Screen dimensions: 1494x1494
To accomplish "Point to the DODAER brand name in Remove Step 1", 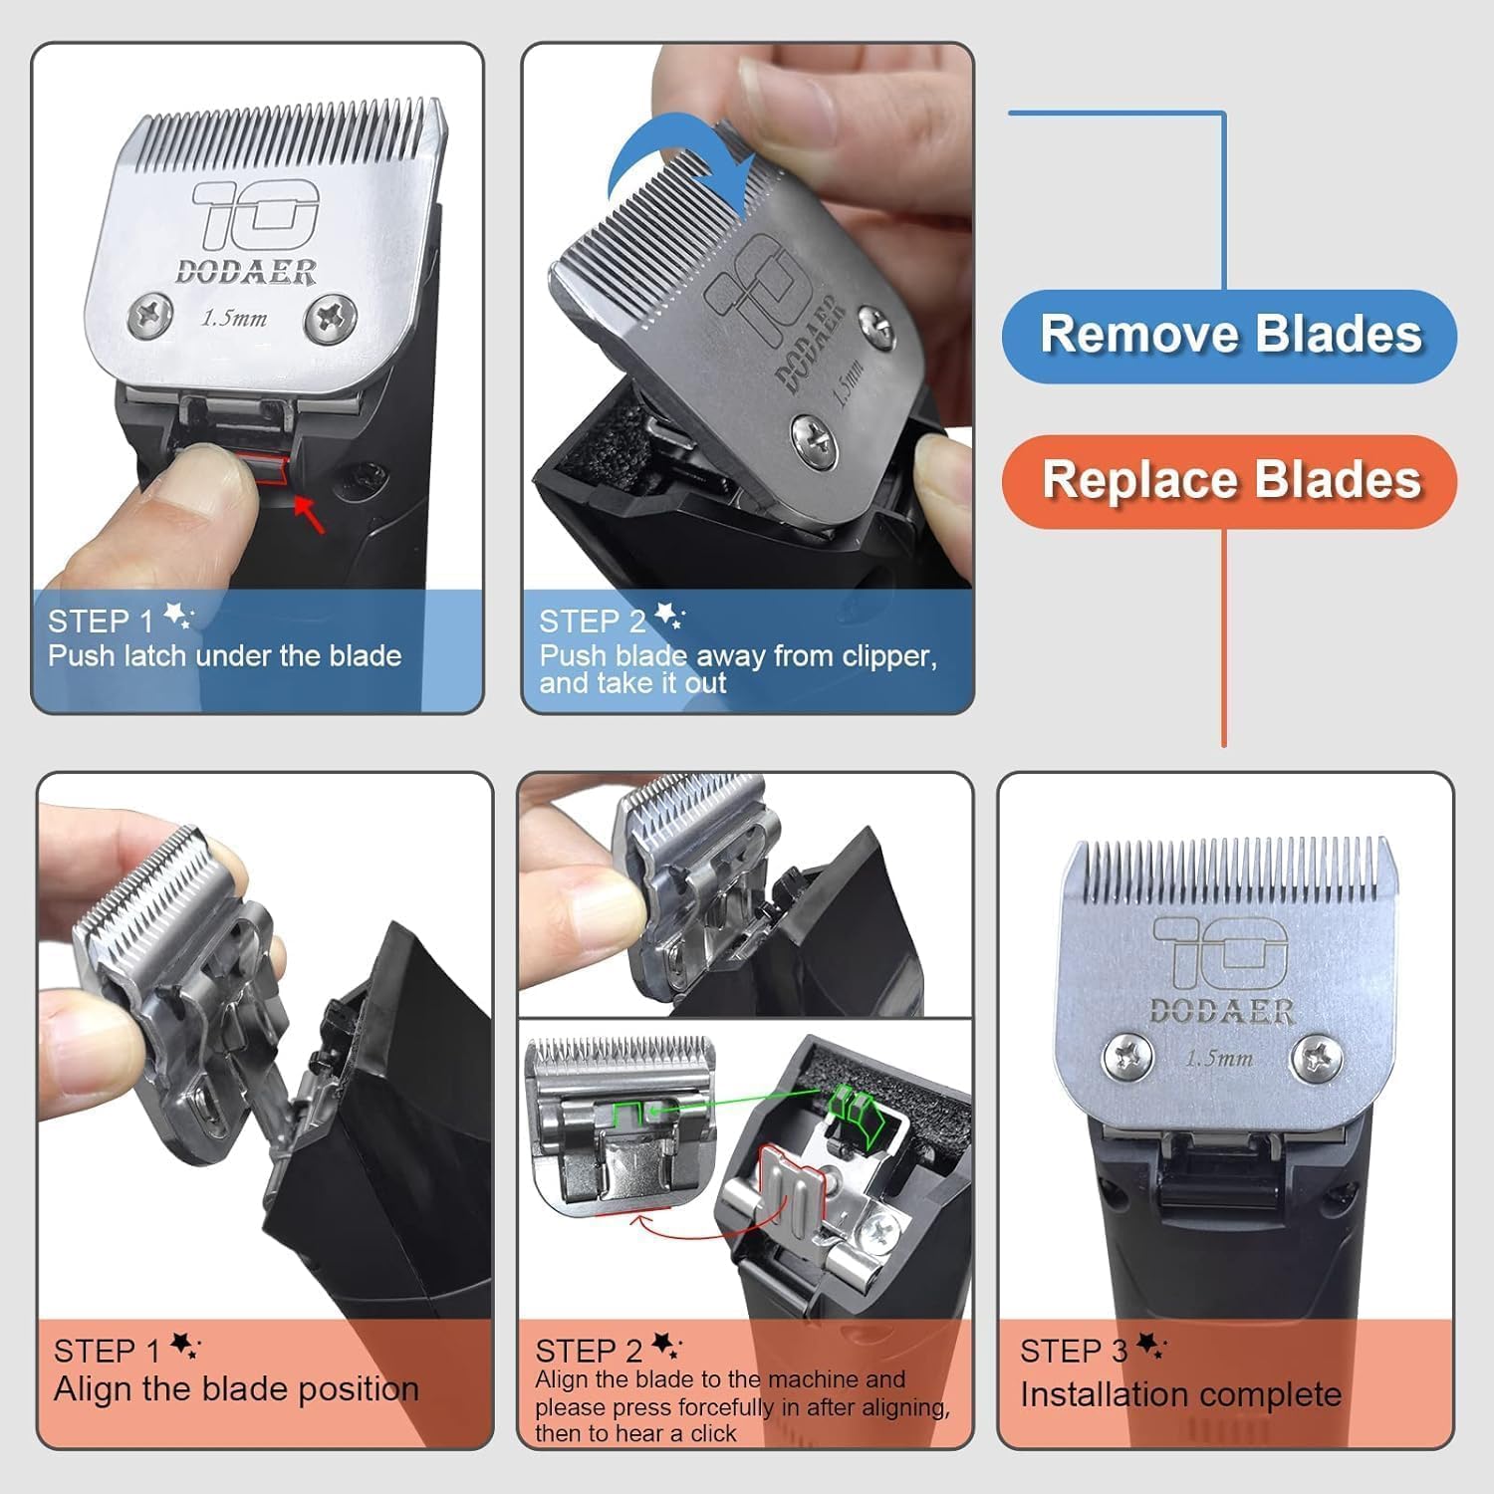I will click(245, 272).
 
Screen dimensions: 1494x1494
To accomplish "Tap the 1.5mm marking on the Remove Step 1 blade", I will click(234, 319).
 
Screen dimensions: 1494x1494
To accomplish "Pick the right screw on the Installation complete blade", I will click(1317, 1056).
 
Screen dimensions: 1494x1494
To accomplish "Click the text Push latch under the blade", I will click(225, 656).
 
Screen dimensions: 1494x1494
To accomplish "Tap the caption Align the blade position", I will click(236, 1388).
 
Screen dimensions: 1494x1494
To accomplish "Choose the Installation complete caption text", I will click(1180, 1394).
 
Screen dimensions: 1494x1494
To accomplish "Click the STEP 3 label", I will click(1073, 1352).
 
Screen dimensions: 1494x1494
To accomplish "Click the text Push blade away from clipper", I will click(738, 656).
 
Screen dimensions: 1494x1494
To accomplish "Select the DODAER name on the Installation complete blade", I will click(1221, 1012).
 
